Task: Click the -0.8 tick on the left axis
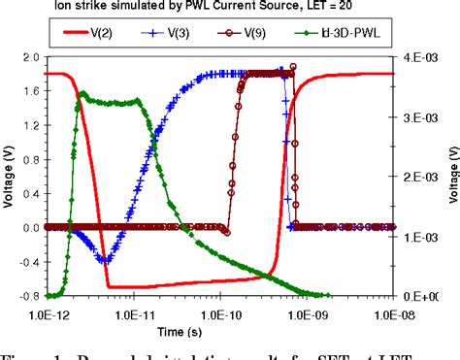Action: click(28, 296)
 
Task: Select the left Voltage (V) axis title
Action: click(10, 178)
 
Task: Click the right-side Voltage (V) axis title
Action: click(453, 178)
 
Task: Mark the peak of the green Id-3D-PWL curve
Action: click(84, 93)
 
